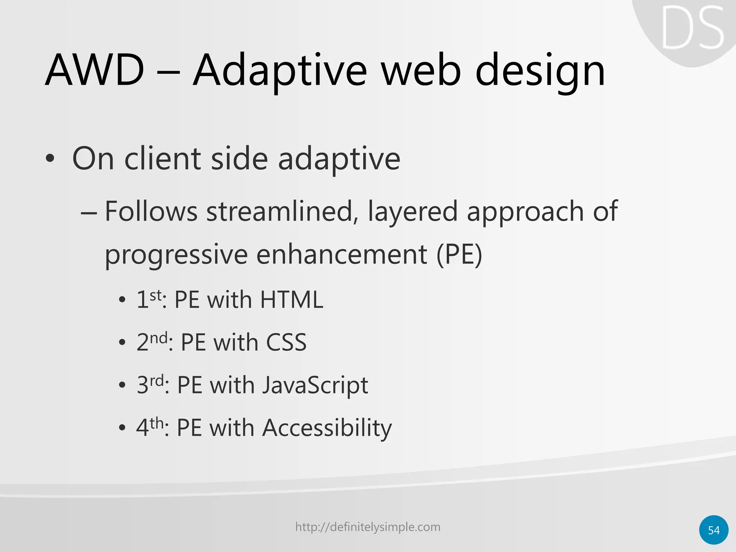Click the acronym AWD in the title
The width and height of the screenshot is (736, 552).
(95, 70)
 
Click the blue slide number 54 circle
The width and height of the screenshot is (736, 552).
(714, 530)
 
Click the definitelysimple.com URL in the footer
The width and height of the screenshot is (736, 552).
(368, 527)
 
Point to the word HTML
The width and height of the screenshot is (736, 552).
(291, 300)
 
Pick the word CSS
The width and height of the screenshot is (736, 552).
(286, 342)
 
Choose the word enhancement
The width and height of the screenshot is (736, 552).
(342, 254)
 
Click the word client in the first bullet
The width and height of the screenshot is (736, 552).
(162, 159)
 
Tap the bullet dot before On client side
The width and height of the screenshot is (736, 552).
(50, 159)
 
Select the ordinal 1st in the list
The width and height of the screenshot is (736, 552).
(148, 299)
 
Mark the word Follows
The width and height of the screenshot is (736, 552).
(151, 212)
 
